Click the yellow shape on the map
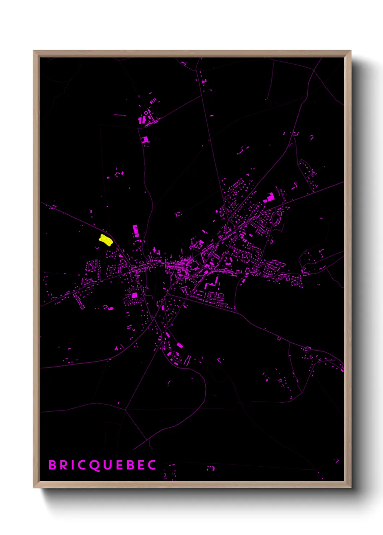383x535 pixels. coord(105,240)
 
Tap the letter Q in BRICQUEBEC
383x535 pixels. coord(94,465)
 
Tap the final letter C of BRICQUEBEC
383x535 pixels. coord(152,465)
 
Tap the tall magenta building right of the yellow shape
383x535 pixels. coord(135,231)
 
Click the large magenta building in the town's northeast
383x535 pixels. coord(270,197)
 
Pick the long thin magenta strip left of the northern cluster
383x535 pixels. coord(120,115)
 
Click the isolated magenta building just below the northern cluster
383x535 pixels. coord(146,140)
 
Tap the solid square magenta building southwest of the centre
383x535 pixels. coord(134,295)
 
